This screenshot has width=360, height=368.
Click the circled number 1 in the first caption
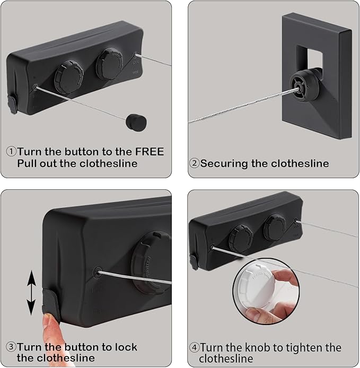coord(11,152)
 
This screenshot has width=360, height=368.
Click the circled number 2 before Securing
coord(195,163)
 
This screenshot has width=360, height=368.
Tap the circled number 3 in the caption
coord(11,347)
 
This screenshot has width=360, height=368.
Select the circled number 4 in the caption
coord(194,348)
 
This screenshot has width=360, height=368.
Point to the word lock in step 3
coord(125,347)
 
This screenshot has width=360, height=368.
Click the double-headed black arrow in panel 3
coord(32,292)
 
